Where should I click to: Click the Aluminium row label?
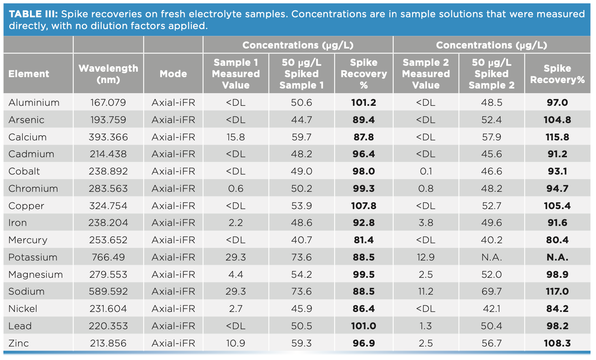click(x=34, y=102)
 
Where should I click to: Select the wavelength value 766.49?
click(x=108, y=257)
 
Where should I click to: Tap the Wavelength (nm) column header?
click(x=108, y=74)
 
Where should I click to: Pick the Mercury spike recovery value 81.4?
click(x=363, y=240)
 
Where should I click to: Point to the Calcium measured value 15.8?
click(x=236, y=137)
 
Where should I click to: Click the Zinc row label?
click(x=19, y=343)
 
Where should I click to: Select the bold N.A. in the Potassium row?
click(x=557, y=257)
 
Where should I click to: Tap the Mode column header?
click(x=173, y=74)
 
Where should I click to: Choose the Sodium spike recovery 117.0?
click(x=557, y=291)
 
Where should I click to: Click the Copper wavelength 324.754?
click(x=108, y=206)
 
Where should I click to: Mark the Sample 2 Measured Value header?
click(x=426, y=74)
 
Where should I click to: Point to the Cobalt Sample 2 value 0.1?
click(x=426, y=171)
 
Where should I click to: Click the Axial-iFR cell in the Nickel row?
click(x=173, y=309)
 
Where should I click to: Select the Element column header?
click(x=29, y=74)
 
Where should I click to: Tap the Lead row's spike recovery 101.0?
click(x=363, y=326)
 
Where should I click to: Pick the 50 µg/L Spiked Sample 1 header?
click(x=301, y=74)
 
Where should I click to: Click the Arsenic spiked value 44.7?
click(x=301, y=120)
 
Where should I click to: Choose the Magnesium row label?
click(x=35, y=274)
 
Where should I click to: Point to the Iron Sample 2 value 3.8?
click(x=426, y=223)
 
